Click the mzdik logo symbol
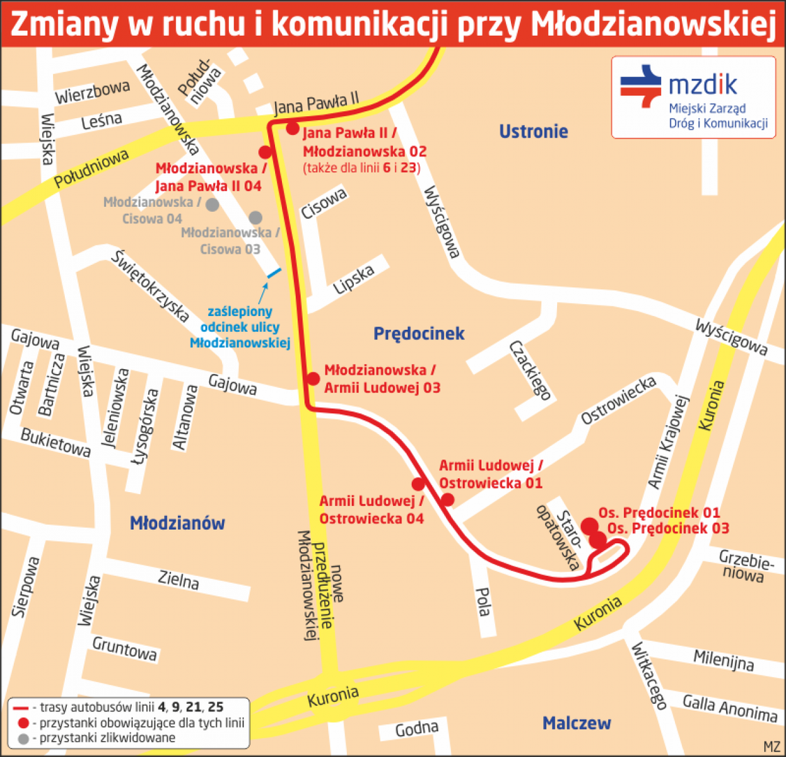(x=641, y=86)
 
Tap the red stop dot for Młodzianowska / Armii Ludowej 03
(x=313, y=378)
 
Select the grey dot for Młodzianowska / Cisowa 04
(x=212, y=205)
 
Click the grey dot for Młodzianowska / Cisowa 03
(x=255, y=218)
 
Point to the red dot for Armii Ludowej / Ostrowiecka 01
(x=447, y=500)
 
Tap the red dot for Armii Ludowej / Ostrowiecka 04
(x=418, y=484)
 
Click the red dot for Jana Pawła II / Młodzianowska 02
(x=293, y=129)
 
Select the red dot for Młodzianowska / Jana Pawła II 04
(x=265, y=153)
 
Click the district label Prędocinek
(x=419, y=334)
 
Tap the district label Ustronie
(x=533, y=131)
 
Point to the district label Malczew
(x=576, y=723)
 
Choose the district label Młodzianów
(x=177, y=523)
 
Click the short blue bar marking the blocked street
(x=273, y=273)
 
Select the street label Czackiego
(x=530, y=371)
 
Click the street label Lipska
(x=354, y=279)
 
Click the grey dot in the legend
(x=24, y=738)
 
